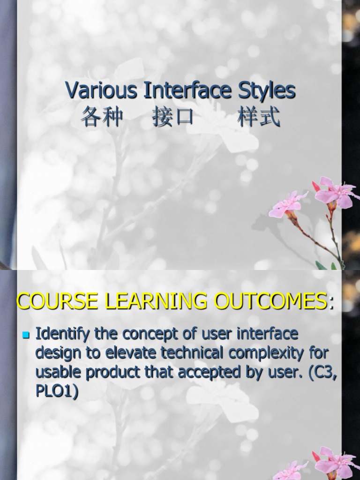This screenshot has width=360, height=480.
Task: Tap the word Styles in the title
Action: tap(266, 90)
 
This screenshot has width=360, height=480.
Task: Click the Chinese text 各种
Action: tap(102, 117)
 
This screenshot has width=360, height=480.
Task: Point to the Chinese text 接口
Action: tap(173, 117)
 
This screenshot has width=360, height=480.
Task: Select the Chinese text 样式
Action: tap(259, 117)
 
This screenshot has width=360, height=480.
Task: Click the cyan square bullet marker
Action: tap(26, 335)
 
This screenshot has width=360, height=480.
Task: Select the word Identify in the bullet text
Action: tap(63, 334)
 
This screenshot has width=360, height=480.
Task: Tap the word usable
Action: tap(56, 372)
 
